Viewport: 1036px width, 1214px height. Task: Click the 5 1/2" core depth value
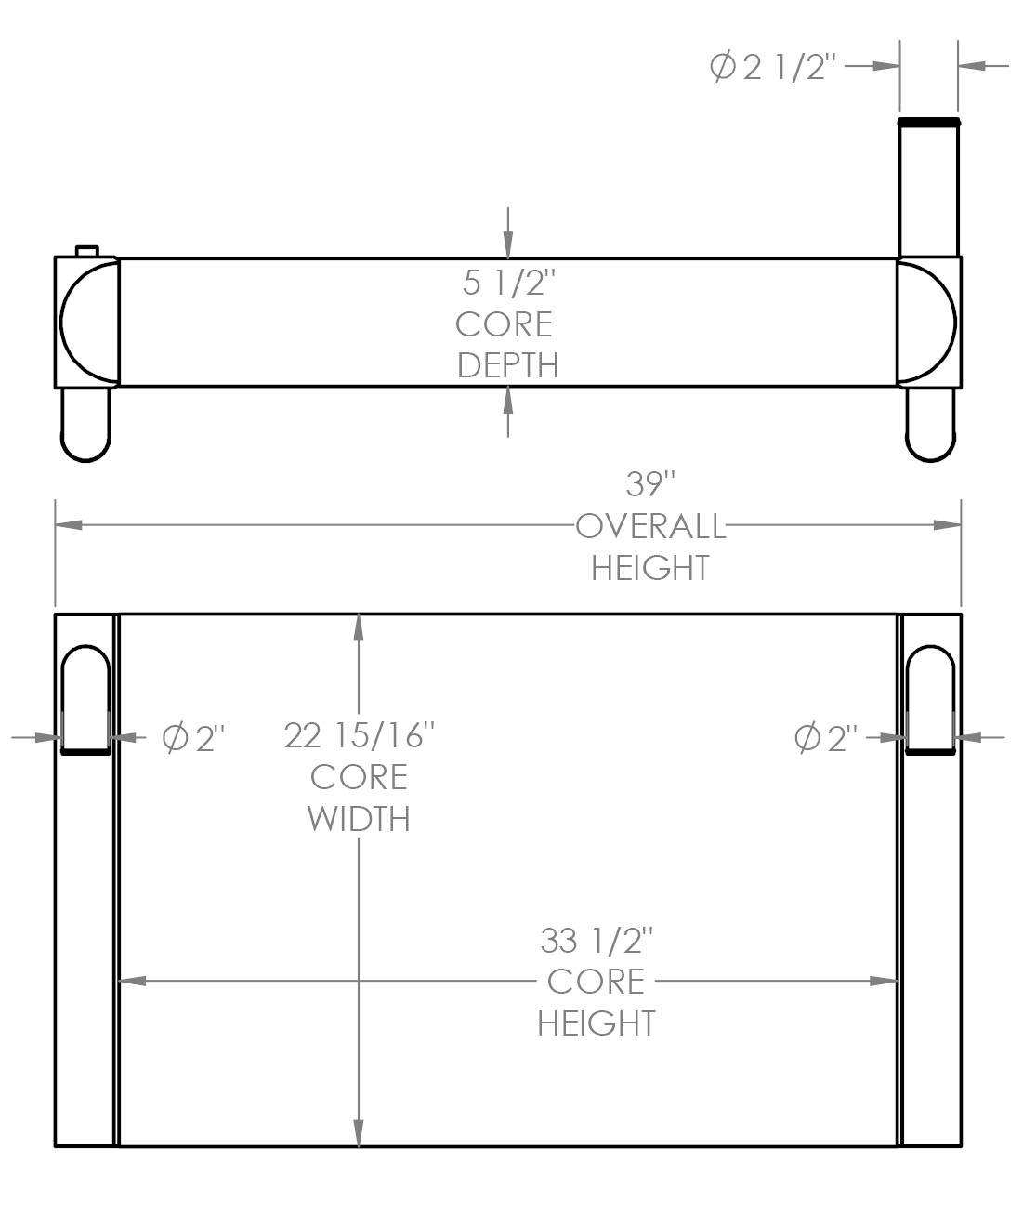(507, 282)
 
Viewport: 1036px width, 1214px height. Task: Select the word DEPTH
(507, 365)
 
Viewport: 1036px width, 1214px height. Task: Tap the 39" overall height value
(649, 484)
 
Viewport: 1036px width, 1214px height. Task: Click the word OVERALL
(649, 526)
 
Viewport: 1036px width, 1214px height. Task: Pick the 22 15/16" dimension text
(360, 735)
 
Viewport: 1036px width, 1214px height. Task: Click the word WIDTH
(359, 819)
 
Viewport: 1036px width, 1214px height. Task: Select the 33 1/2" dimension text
(597, 941)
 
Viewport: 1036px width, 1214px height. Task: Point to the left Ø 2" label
(193, 739)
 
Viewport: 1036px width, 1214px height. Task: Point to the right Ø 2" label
(825, 739)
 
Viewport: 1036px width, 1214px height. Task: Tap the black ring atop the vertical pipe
(928, 122)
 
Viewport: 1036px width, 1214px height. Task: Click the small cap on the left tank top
(86, 250)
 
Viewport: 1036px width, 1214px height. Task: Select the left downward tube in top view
(85, 424)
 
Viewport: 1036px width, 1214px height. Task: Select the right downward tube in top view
(930, 424)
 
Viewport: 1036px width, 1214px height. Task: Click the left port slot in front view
(85, 697)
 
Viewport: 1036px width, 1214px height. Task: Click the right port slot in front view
(930, 697)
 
